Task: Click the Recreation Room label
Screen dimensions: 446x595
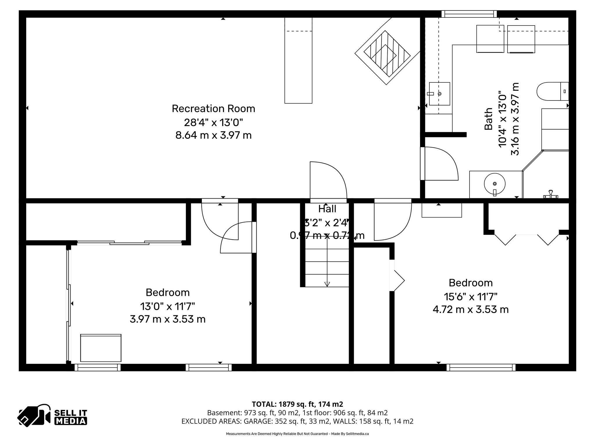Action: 213,109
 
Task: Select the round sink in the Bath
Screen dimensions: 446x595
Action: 494,184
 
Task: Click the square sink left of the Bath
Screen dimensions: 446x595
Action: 439,94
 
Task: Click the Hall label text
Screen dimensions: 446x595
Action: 327,209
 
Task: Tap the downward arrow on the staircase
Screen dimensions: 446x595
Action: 327,284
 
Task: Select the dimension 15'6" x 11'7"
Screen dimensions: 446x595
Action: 470,297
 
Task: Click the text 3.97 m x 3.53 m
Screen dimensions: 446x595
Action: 168,319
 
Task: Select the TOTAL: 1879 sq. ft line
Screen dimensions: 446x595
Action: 297,404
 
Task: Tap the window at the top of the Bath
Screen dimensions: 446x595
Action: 469,14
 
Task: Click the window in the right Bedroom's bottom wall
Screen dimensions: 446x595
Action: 481,368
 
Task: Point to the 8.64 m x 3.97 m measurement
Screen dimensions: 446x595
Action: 213,135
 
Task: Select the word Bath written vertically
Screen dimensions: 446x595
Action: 488,119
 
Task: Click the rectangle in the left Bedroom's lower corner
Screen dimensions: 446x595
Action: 101,348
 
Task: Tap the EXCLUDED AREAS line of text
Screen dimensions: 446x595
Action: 297,421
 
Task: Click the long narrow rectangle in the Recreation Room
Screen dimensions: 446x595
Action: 298,60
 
